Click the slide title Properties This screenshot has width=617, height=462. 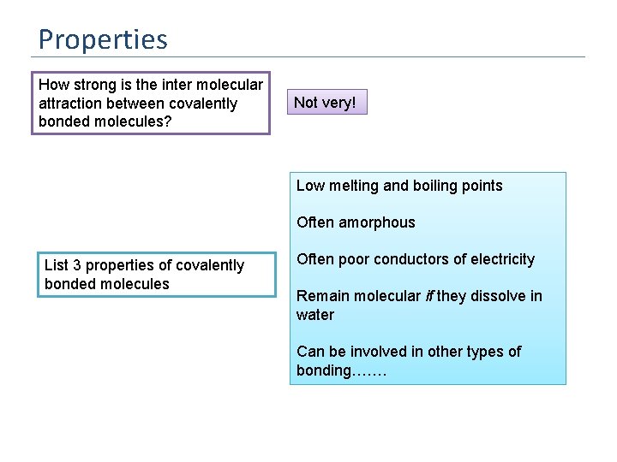103,39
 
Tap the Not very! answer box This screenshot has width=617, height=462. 330,103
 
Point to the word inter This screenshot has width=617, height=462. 174,85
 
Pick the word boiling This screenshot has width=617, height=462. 434,186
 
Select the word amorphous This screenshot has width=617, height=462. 377,222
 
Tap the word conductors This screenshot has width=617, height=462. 405,259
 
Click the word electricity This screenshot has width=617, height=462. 502,259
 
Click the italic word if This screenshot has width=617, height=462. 428,296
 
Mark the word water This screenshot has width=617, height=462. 315,315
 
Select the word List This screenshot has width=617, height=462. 56,265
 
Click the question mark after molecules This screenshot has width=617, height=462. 169,122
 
